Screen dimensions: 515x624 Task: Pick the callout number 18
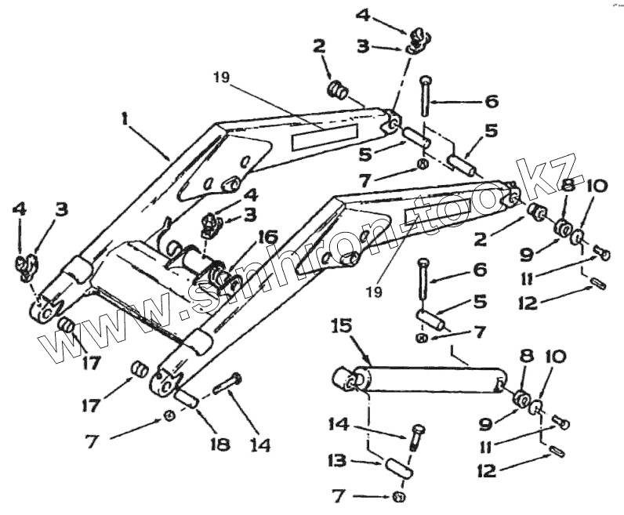click(x=219, y=444)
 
